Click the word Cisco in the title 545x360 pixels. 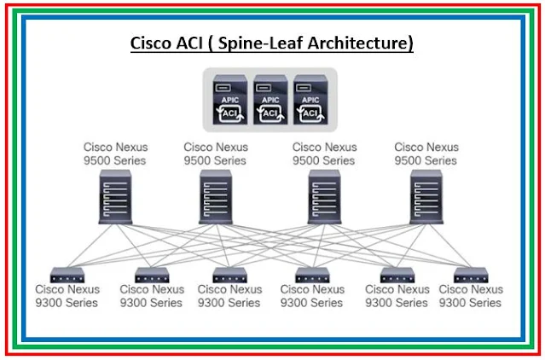pyautogui.click(x=149, y=43)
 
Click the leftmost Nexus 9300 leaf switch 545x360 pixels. pyautogui.click(x=65, y=275)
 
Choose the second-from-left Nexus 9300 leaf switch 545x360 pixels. pyautogui.click(x=151, y=275)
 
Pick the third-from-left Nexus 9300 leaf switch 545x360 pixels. pyautogui.click(x=229, y=275)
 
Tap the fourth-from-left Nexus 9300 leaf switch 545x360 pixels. pyautogui.click(x=312, y=275)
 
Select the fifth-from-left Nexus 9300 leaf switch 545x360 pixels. pyautogui.click(x=397, y=275)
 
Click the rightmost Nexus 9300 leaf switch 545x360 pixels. pyautogui.click(x=470, y=275)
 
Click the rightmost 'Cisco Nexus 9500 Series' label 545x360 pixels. pyautogui.click(x=426, y=154)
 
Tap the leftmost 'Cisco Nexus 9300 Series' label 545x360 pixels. pyautogui.click(x=66, y=296)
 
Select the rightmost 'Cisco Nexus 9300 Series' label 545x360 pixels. pyautogui.click(x=471, y=296)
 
